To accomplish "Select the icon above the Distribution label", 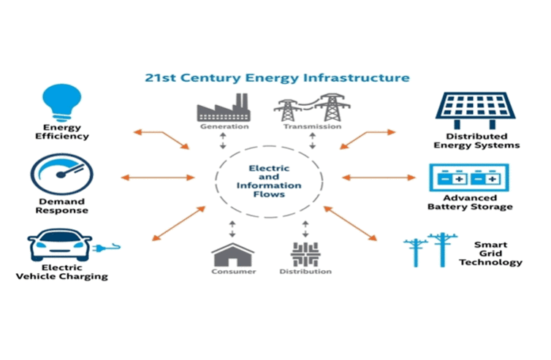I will point(302,253).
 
